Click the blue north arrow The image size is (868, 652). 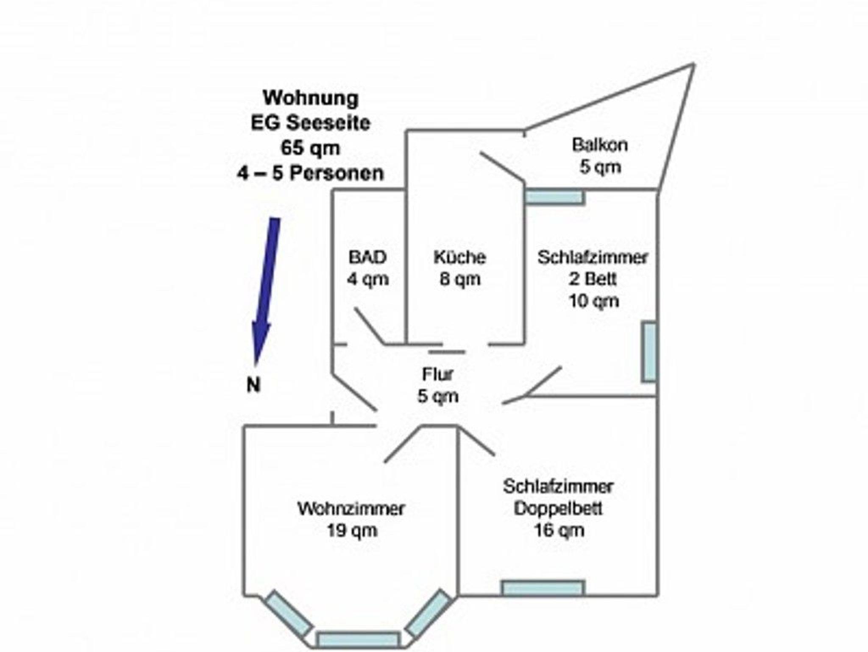(266, 288)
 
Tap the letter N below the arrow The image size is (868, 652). (253, 385)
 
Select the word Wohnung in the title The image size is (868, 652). (311, 98)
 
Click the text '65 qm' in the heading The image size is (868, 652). (310, 148)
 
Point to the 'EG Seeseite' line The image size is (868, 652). (311, 123)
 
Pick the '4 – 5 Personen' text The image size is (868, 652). (310, 173)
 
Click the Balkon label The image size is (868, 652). (600, 145)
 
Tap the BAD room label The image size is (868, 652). (367, 257)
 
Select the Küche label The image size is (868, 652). (459, 257)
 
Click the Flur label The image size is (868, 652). (438, 374)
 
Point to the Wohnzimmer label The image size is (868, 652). (351, 509)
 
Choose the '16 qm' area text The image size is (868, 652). (559, 530)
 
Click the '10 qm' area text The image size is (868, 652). (593, 301)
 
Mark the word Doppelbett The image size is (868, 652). (558, 508)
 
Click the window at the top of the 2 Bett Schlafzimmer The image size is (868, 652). (555, 197)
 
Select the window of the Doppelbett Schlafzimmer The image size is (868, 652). (543, 588)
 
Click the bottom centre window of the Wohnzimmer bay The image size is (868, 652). (358, 639)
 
